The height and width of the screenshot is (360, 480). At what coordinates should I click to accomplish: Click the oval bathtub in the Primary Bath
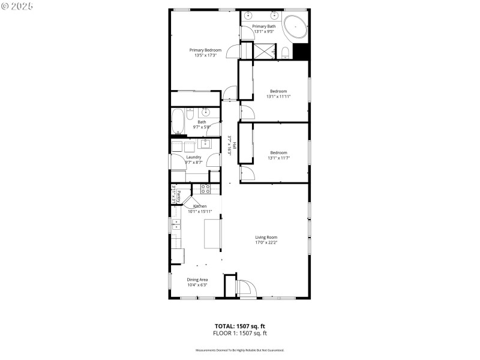coord(295,28)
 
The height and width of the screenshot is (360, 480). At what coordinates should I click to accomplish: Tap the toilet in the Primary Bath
coord(286,52)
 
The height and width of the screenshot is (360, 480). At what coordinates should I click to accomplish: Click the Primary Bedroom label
coord(205,50)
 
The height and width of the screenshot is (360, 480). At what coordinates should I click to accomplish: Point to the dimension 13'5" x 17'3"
coord(205,56)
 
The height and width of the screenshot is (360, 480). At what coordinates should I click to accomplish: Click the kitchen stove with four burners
coord(205,189)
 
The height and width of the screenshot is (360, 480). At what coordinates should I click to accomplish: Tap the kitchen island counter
coord(212,234)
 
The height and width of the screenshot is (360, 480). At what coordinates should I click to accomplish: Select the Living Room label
coord(266,237)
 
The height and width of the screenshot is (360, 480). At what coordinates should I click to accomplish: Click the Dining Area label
coord(197,280)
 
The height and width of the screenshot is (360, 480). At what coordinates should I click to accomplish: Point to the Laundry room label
coord(193,157)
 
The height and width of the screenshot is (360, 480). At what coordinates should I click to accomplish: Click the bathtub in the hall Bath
coord(178,122)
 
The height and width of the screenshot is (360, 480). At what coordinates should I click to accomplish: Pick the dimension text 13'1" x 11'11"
coord(278,97)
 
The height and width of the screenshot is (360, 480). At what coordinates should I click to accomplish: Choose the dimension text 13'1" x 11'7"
coord(278,158)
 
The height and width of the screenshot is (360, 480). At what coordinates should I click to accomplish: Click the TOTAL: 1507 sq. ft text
coord(240,326)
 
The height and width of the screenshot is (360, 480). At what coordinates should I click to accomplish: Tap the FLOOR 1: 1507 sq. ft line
coord(240,332)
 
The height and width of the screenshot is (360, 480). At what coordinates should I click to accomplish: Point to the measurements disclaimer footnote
coord(240,350)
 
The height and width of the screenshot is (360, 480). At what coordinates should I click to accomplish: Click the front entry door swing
coord(245,289)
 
